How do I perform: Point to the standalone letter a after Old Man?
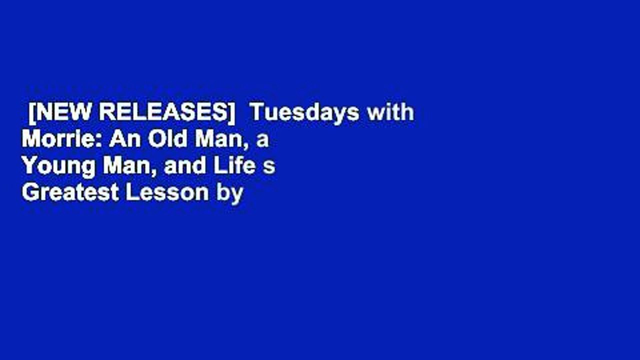[262, 141]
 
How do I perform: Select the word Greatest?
[70, 193]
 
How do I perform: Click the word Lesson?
[167, 193]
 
